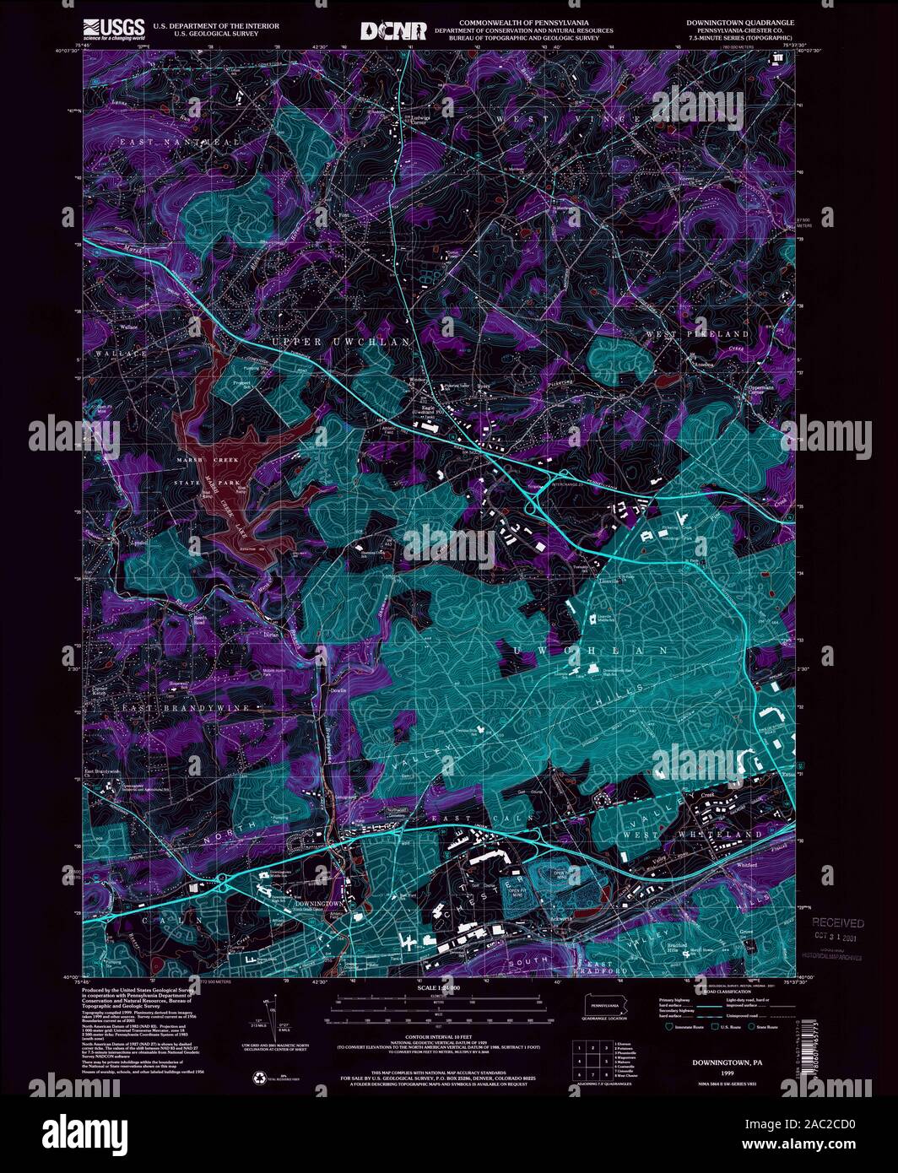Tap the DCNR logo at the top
click(394, 30)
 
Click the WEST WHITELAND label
click(681, 835)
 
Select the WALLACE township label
click(114, 352)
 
